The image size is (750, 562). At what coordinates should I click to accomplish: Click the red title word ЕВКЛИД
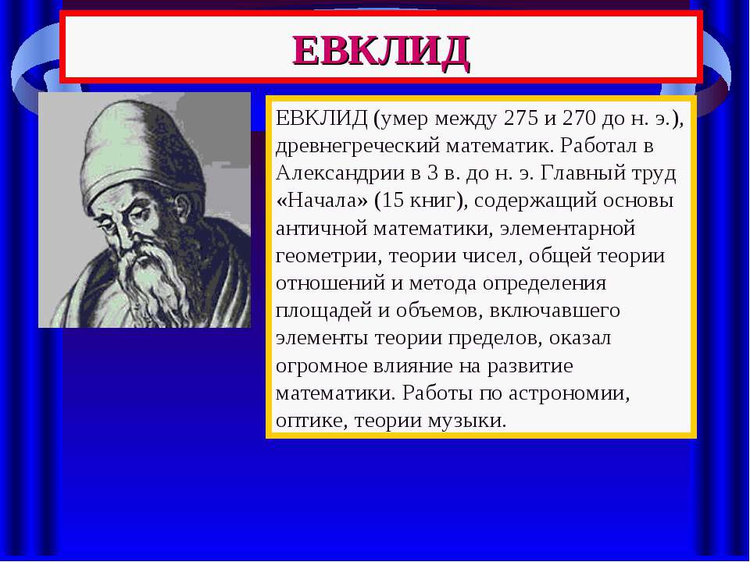pos(381,52)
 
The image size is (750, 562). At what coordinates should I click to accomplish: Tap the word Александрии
pos(340,173)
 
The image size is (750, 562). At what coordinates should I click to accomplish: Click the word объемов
pos(436,311)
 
